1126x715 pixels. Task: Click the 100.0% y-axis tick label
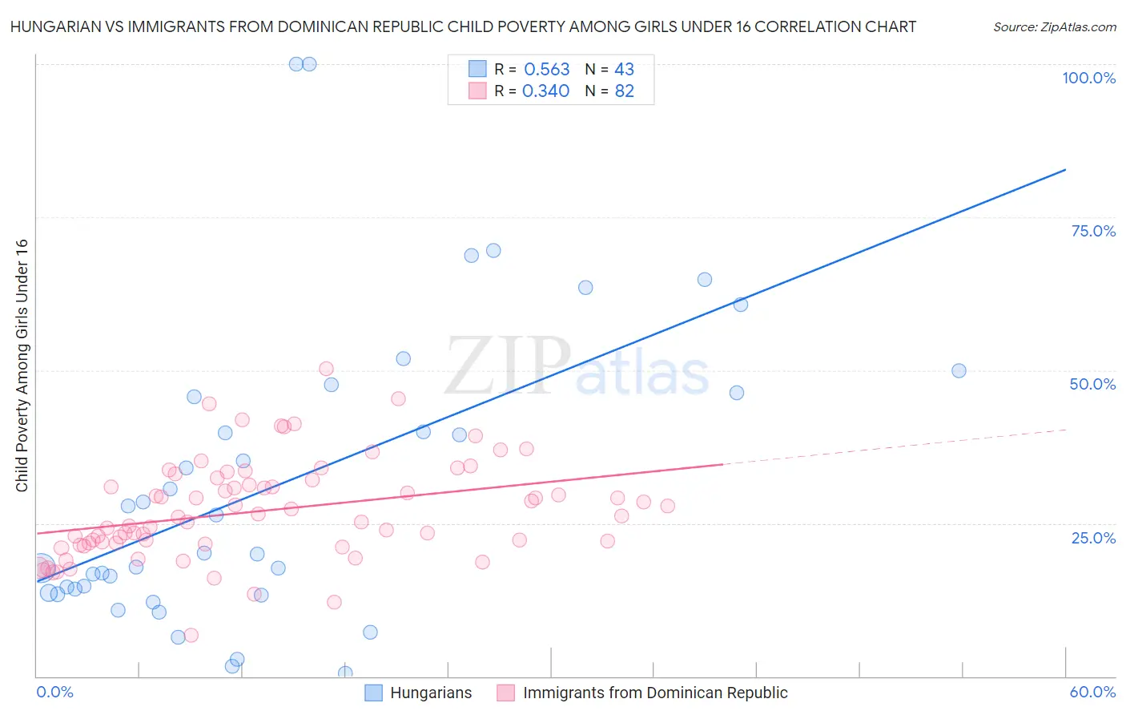point(1088,78)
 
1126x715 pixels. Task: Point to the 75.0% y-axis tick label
point(1093,231)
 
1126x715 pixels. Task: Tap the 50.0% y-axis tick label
point(1092,384)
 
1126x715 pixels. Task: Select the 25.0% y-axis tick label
point(1093,538)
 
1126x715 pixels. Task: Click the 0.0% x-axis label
point(54,692)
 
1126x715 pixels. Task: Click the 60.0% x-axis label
point(1092,692)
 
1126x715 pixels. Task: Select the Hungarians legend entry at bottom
point(430,693)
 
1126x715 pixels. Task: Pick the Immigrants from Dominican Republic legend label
point(654,693)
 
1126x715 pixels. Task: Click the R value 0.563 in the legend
point(546,70)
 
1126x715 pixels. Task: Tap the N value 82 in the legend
point(624,91)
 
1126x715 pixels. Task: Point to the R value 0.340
point(545,91)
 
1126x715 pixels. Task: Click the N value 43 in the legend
point(624,70)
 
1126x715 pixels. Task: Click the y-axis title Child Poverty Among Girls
point(22,366)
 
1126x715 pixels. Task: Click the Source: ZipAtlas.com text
point(1054,27)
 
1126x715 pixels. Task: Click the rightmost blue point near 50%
point(959,371)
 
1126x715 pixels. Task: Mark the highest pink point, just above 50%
point(326,369)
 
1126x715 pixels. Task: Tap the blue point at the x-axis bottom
point(345,673)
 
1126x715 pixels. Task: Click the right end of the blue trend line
point(1065,169)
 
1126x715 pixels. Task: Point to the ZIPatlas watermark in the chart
point(577,367)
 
